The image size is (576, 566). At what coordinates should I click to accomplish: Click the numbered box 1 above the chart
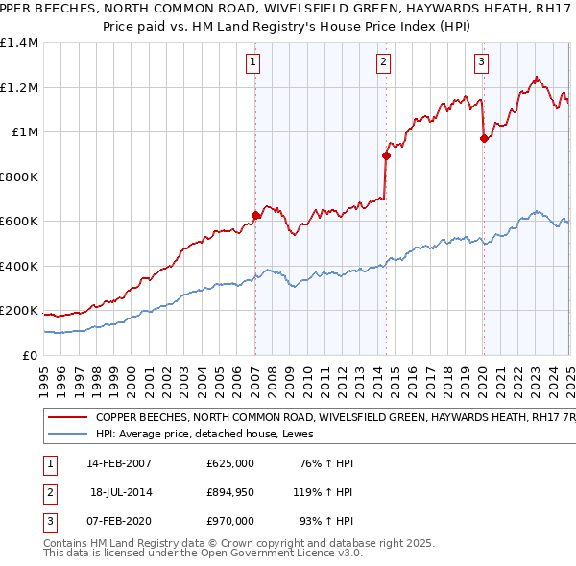coord(252,63)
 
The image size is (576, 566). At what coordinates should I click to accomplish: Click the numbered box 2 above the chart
coord(383,63)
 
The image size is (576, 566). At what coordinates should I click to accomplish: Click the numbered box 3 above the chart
coord(481,63)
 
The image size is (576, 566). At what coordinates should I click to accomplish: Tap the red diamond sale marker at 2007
coord(256,216)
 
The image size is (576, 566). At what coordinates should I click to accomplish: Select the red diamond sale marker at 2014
coord(386,155)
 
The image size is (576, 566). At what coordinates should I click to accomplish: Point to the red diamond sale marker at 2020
coord(484,139)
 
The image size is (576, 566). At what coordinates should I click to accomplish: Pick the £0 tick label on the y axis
coord(29,355)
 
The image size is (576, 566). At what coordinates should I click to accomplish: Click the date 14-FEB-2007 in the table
coord(119,463)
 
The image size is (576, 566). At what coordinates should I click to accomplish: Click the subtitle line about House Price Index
coord(288,27)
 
